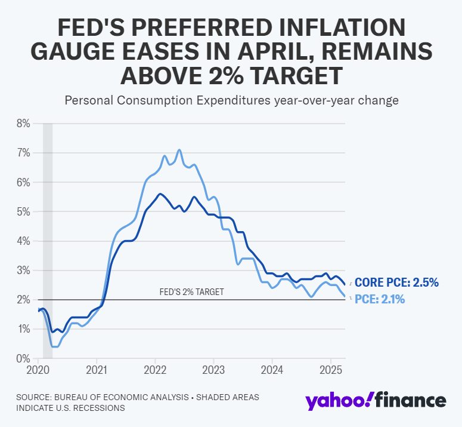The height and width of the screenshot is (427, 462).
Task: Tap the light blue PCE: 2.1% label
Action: (x=380, y=300)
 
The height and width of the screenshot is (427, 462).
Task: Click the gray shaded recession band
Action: (x=48, y=239)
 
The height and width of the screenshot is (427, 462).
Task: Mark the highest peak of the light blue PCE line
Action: (x=179, y=150)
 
